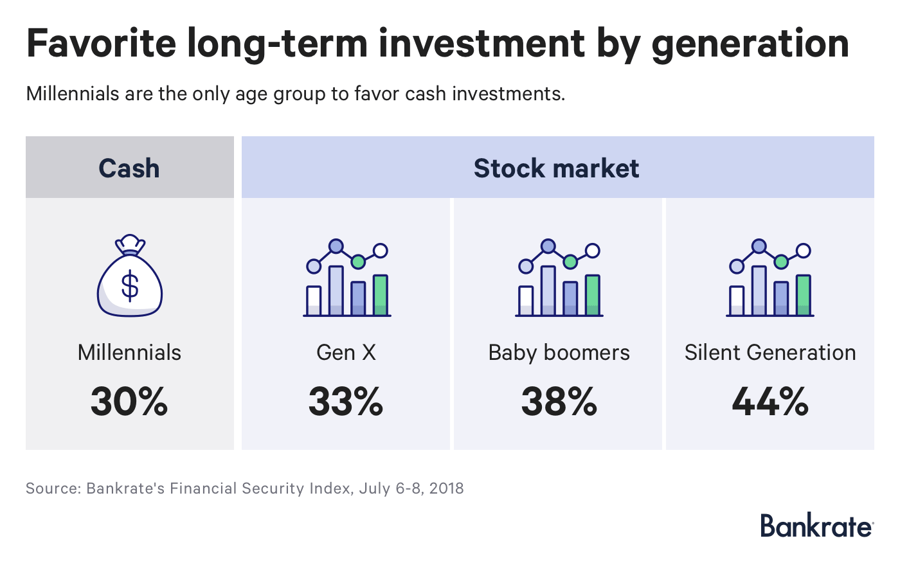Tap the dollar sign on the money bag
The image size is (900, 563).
130,287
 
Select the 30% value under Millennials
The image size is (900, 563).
129,402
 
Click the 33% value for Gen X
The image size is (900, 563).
346,402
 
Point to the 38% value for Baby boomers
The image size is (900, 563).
559,402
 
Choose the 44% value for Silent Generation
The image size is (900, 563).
770,402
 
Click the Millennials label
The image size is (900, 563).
129,352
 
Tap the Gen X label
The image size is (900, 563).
346,352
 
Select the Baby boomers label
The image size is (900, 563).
559,352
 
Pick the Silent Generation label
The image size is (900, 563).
770,352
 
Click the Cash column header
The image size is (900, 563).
129,168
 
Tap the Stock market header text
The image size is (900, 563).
557,168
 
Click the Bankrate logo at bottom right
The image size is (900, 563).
816,525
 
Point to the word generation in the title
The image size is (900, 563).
750,44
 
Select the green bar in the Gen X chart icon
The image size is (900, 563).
381,295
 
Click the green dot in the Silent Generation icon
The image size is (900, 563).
781,261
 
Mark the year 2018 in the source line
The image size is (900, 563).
446,488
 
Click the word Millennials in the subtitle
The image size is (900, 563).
73,94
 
